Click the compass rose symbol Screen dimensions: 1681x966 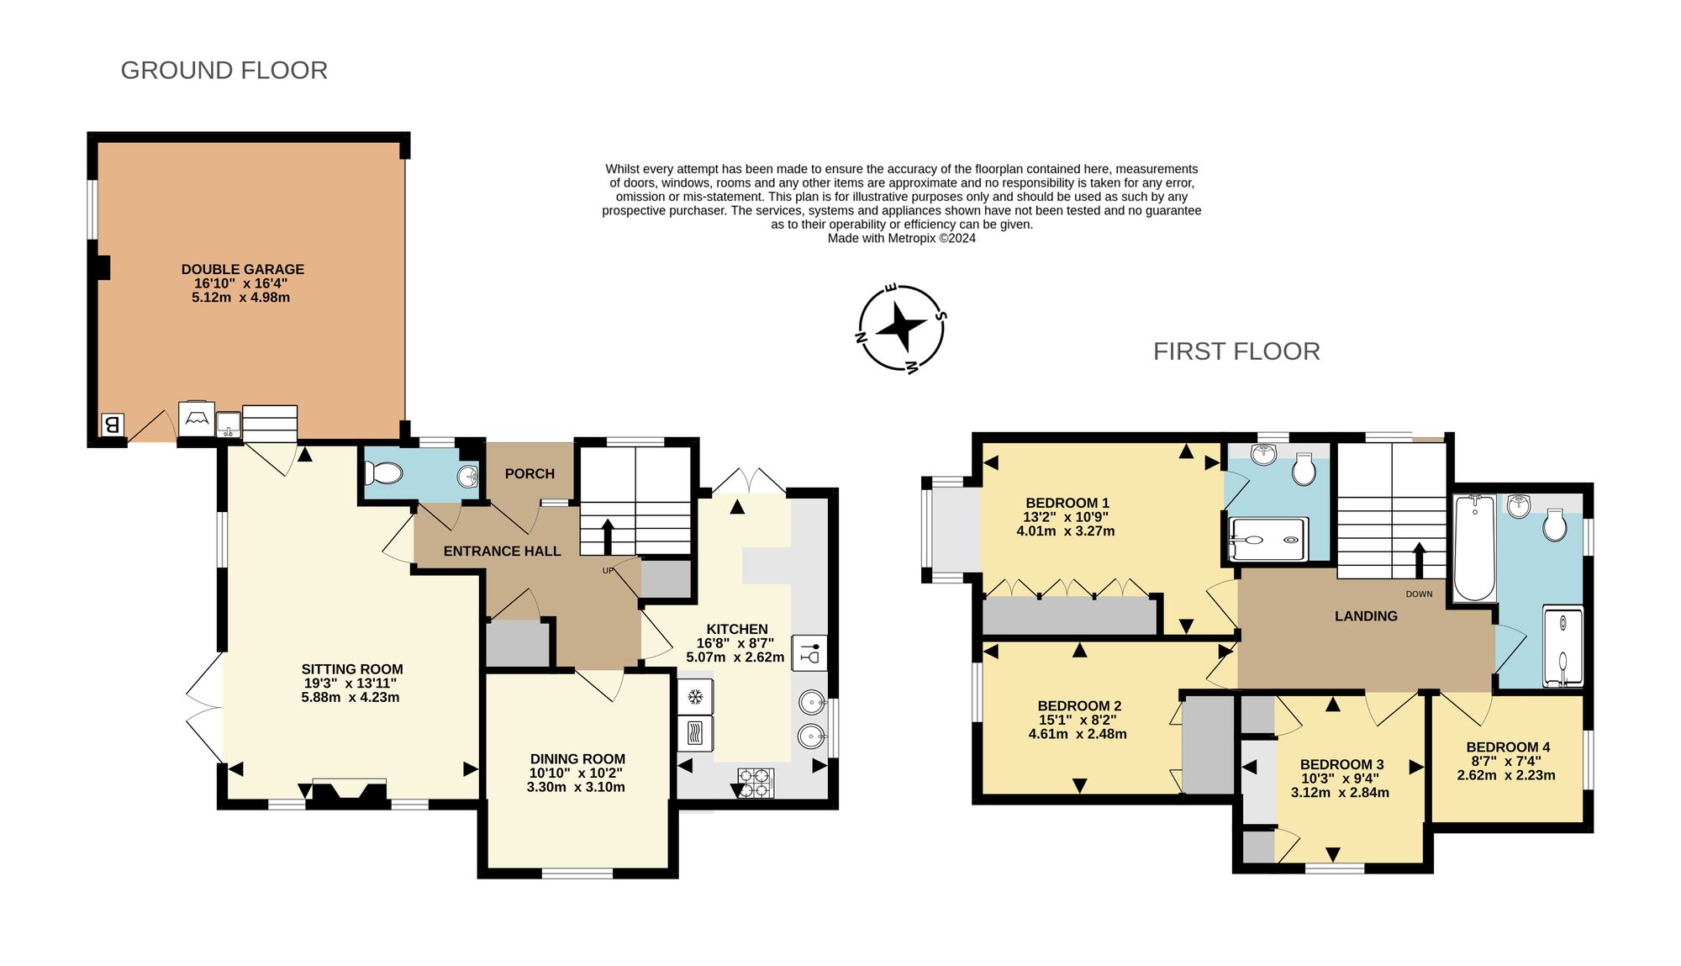(902, 328)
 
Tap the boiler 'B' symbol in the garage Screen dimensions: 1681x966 (112, 425)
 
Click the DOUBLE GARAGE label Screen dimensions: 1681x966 (243, 269)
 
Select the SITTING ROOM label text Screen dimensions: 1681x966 (352, 669)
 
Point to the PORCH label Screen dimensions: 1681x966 (530, 473)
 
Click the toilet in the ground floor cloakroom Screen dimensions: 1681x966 (384, 475)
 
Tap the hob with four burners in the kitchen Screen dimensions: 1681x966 (756, 783)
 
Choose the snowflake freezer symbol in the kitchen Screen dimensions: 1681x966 (695, 696)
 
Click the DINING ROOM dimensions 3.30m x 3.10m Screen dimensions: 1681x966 (576, 787)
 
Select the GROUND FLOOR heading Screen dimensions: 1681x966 (224, 70)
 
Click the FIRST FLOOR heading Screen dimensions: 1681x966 (1236, 351)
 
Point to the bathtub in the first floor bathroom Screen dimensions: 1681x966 (1475, 547)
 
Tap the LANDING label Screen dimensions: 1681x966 (1366, 616)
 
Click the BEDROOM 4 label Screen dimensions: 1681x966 (1508, 747)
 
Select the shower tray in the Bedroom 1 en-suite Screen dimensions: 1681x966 (1268, 539)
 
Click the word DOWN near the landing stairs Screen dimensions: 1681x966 (1419, 594)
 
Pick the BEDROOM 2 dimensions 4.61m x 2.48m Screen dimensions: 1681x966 (1078, 734)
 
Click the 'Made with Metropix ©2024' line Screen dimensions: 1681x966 (902, 238)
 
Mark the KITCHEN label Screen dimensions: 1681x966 (737, 629)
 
